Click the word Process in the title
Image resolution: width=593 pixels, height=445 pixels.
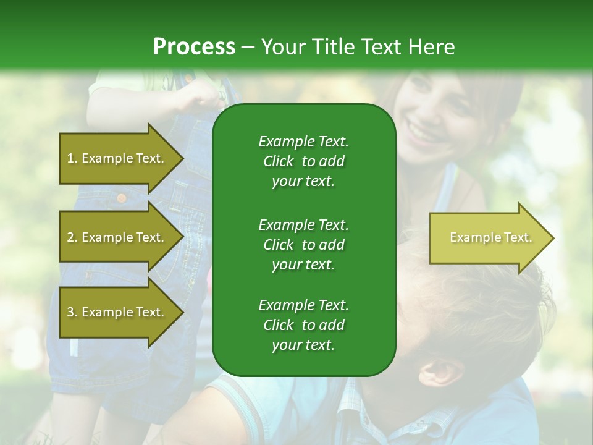(194, 47)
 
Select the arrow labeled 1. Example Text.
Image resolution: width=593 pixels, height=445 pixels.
(117, 158)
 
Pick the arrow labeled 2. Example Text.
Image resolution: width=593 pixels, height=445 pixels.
(117, 237)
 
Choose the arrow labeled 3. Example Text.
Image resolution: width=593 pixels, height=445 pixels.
(117, 312)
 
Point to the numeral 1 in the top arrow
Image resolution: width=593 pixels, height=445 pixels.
(70, 158)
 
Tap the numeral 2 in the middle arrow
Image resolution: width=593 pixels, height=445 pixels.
(70, 237)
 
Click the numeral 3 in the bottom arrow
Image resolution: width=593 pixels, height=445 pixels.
(70, 312)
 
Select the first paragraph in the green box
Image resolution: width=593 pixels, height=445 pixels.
(303, 161)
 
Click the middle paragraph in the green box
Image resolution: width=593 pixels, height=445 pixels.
(303, 245)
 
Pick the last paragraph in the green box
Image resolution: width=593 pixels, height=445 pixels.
(303, 325)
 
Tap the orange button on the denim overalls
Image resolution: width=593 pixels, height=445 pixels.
(122, 198)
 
